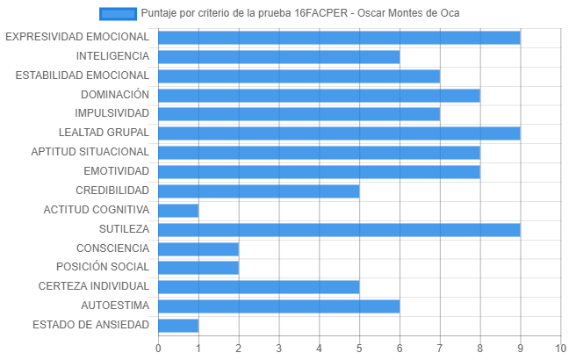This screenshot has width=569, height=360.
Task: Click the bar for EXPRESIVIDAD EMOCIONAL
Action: click(339, 38)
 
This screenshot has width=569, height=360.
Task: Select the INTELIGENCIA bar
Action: click(279, 57)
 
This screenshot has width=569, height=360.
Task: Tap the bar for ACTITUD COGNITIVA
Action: click(178, 211)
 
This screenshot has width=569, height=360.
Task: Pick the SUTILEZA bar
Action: click(339, 230)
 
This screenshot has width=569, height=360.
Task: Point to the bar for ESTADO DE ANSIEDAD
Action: click(178, 326)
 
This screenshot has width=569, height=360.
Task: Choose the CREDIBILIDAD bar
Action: click(259, 191)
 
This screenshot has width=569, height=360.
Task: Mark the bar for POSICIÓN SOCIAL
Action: click(198, 268)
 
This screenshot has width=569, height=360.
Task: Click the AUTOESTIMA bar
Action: click(279, 306)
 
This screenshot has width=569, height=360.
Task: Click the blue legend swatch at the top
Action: click(118, 14)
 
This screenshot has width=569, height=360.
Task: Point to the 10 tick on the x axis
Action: click(560, 349)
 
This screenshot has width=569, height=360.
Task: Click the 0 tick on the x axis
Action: click(158, 349)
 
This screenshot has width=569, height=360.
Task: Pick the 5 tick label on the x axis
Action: click(359, 349)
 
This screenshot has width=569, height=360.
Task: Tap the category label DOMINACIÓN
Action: click(115, 95)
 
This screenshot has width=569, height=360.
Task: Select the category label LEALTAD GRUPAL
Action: click(104, 133)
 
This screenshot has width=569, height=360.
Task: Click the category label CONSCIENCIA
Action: click(113, 248)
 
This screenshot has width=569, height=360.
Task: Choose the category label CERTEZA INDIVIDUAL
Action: click(94, 286)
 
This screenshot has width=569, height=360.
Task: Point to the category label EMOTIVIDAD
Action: click(117, 171)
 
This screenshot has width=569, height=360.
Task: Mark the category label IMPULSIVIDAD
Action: click(112, 113)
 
